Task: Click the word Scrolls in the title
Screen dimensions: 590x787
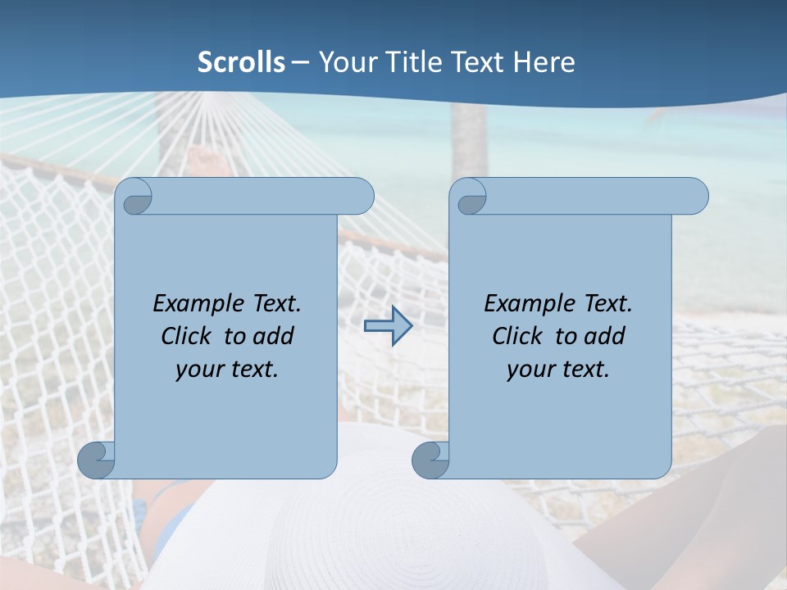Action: coord(241,61)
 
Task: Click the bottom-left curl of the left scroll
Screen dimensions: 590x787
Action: coord(96,460)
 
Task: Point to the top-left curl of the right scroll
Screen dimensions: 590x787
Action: coord(469,197)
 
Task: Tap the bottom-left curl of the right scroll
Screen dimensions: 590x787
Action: coord(430,460)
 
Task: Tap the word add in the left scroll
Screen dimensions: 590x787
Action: coord(273,336)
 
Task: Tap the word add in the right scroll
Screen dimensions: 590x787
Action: coord(604,336)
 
